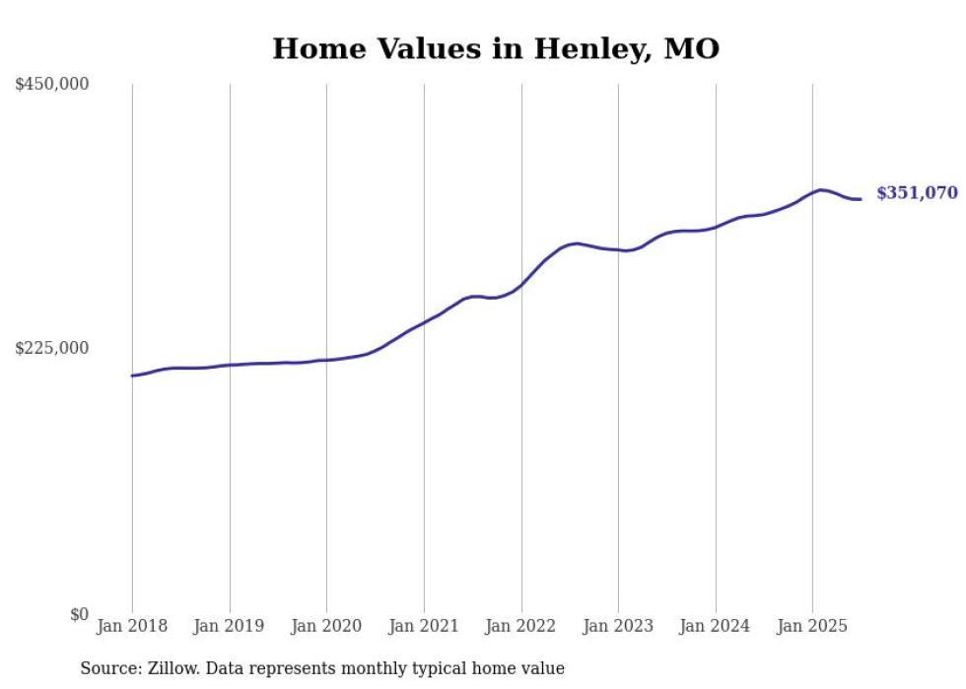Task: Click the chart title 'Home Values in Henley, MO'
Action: pos(496,48)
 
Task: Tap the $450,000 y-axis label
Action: pos(52,85)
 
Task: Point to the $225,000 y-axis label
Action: pos(52,348)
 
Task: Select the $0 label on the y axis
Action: pos(78,613)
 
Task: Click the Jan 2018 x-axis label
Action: pos(132,626)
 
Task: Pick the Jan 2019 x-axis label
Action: pos(230,626)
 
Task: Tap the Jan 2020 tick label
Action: pos(326,626)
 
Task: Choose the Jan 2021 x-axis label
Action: pos(424,626)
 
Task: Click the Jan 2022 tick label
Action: pos(521,626)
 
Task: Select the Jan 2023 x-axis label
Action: pos(618,626)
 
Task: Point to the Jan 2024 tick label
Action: pos(716,626)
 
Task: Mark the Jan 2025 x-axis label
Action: pos(812,626)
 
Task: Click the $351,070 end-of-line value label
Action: pos(917,193)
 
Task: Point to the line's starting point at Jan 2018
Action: pos(132,376)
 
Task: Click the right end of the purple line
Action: pos(861,199)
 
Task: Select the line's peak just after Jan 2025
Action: pos(821,189)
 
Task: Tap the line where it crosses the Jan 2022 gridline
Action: pos(521,284)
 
